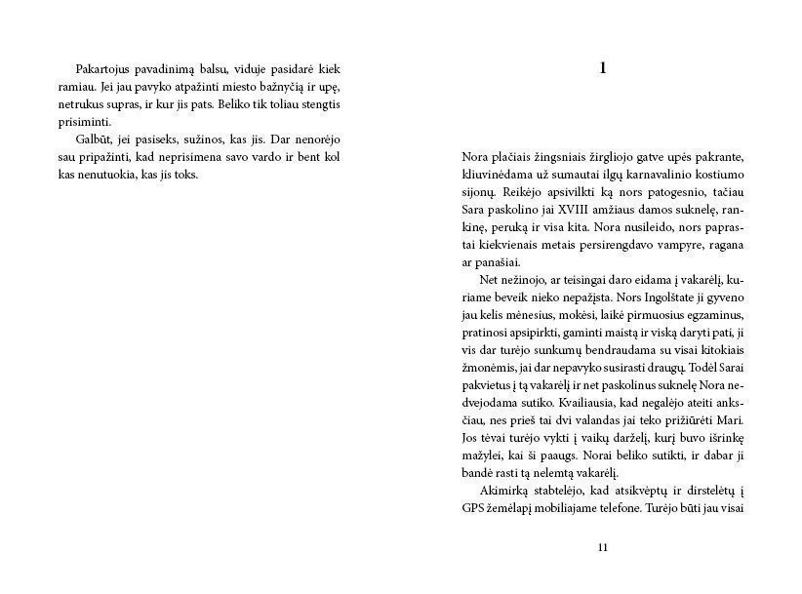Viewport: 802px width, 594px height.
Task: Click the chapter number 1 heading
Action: [x=602, y=68]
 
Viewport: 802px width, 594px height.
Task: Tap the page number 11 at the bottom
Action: [x=602, y=547]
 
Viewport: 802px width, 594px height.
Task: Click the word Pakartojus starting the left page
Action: [x=106, y=69]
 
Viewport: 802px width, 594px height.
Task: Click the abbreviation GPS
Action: [x=472, y=508]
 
